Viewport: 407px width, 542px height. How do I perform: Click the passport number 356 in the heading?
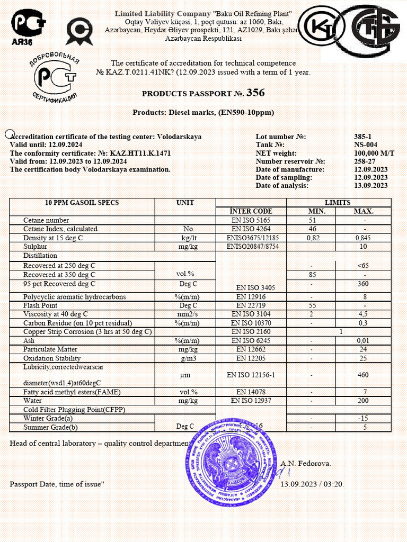tap(255, 93)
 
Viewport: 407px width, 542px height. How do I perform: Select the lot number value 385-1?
tap(363, 137)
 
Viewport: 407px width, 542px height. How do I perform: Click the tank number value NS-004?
tap(366, 145)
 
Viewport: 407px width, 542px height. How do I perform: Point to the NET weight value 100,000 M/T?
tap(374, 153)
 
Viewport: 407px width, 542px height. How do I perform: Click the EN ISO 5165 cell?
tap(251, 220)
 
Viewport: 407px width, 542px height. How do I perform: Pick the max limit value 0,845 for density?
tap(363, 238)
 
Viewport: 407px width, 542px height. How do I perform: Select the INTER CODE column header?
tap(251, 211)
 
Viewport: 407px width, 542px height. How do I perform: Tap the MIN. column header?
tap(311, 211)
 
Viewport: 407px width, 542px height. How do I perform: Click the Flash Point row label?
tap(40, 305)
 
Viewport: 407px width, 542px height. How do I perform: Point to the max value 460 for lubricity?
tap(363, 375)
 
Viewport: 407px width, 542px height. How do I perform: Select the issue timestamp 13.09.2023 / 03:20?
tap(312, 484)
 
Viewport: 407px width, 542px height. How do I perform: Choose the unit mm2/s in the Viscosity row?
tap(185, 314)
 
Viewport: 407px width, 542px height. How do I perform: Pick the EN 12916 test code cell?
tap(251, 297)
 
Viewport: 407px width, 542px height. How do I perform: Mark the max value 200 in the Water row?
tap(363, 401)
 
